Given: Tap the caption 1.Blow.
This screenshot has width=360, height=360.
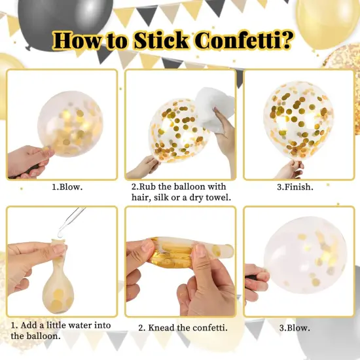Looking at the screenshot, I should (x=67, y=187).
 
